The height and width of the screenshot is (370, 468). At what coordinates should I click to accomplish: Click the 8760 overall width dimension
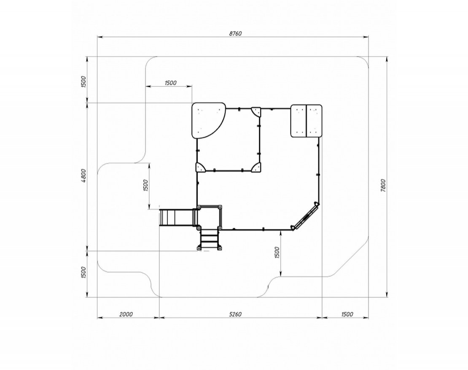point(235,33)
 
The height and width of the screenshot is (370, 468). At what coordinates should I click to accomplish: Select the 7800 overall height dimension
point(383,185)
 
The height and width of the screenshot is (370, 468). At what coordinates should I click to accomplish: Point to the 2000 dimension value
point(126,314)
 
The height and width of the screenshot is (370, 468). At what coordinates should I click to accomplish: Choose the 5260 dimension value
point(235,314)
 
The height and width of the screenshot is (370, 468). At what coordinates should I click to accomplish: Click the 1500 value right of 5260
point(347,314)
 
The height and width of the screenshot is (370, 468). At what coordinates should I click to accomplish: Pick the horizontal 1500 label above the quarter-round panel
point(170,83)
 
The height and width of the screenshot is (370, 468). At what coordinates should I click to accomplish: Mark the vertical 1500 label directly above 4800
point(83,82)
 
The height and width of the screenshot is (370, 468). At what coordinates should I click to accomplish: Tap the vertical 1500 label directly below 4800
point(83,272)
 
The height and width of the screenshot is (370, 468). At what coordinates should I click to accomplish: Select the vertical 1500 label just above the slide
point(145,185)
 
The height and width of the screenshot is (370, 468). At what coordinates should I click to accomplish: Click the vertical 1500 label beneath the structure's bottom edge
point(277,253)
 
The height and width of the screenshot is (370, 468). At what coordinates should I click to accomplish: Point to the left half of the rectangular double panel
point(299,121)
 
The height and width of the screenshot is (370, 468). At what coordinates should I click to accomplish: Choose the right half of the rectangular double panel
point(314,121)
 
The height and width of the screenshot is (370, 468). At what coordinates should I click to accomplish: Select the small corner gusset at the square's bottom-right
point(256,168)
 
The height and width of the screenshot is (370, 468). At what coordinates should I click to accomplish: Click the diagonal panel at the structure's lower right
point(305,216)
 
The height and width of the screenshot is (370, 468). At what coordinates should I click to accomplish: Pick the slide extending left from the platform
point(177,218)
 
